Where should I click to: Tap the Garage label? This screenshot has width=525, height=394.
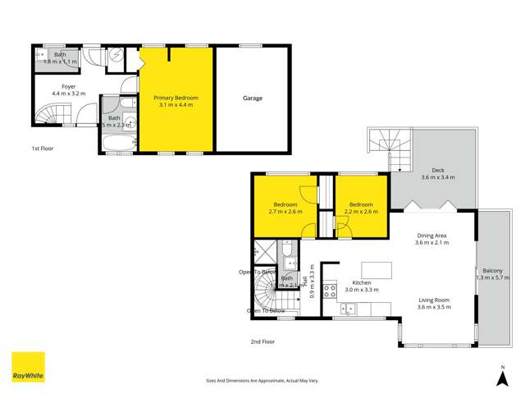click(x=252, y=98)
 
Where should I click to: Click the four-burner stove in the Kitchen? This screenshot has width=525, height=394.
click(x=330, y=290)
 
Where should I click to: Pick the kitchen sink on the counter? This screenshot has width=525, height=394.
click(x=347, y=309)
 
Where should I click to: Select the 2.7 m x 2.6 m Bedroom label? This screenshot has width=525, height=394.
click(x=285, y=208)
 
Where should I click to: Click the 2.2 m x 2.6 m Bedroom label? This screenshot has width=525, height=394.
click(x=361, y=208)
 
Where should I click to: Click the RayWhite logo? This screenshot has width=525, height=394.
click(x=28, y=367)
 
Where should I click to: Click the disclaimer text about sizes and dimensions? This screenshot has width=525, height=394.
click(x=262, y=380)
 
